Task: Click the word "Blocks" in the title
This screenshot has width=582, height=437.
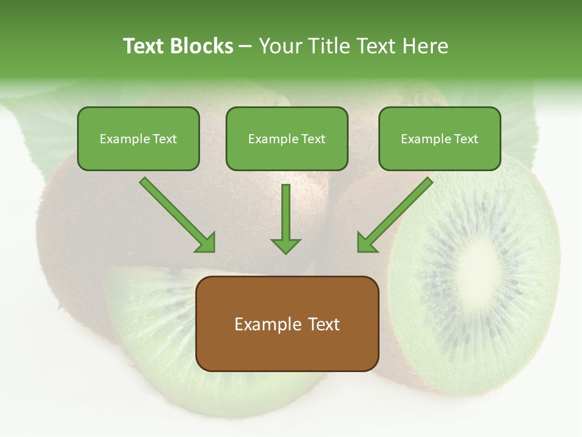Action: [201, 46]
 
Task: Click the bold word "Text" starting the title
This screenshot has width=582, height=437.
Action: [144, 46]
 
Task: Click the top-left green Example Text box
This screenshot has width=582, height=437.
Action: [138, 138]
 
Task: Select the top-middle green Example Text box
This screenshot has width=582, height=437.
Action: [287, 138]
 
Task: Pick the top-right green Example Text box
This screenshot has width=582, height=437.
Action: [440, 138]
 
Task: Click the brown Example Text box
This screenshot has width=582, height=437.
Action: [287, 324]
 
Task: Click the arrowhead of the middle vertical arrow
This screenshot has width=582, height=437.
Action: [286, 245]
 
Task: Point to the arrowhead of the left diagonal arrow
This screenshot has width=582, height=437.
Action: [206, 242]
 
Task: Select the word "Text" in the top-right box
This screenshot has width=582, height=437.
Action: [466, 138]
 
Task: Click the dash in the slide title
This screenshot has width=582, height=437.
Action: [246, 47]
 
